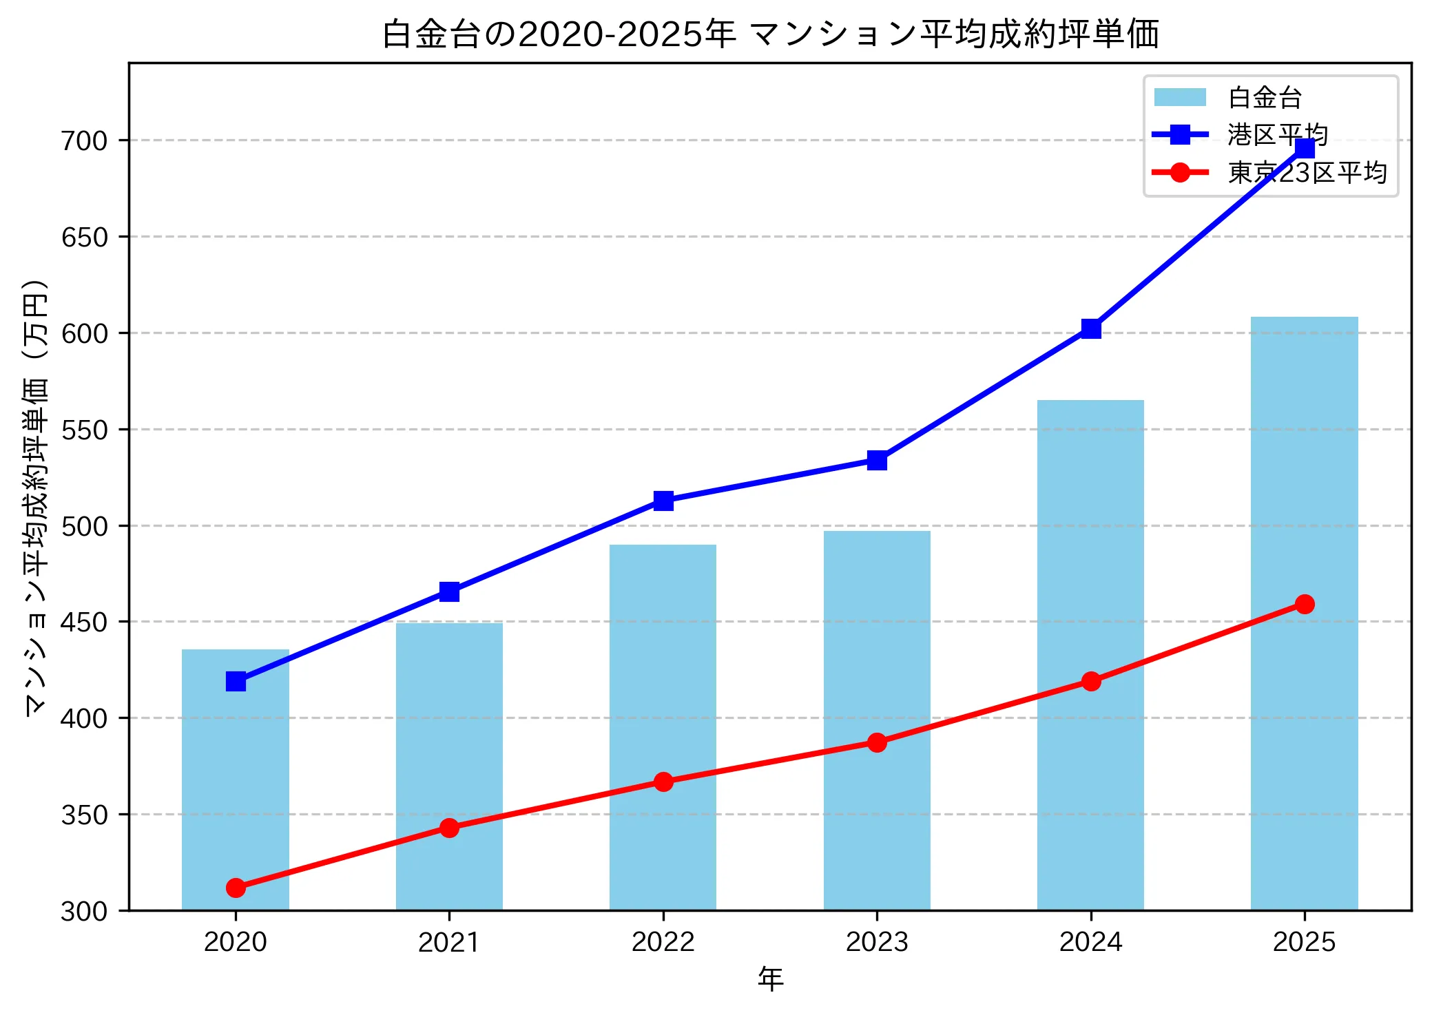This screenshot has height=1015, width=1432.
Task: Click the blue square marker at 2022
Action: point(663,501)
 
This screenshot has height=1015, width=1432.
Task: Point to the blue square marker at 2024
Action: point(1090,328)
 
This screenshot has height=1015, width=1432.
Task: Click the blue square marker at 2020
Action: point(236,682)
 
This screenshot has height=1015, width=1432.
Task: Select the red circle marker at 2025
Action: point(1305,604)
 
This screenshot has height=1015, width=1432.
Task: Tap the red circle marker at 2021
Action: point(449,828)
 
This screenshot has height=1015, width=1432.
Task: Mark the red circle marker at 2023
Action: point(877,742)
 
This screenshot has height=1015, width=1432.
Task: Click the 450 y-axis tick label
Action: point(85,622)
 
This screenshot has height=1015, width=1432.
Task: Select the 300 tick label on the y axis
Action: point(85,912)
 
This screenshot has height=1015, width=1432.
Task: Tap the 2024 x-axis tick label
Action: point(1090,942)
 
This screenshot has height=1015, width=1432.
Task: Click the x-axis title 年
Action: point(770,979)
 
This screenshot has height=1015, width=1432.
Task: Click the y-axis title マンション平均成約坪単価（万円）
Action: point(36,497)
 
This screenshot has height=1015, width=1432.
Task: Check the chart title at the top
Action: point(770,34)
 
